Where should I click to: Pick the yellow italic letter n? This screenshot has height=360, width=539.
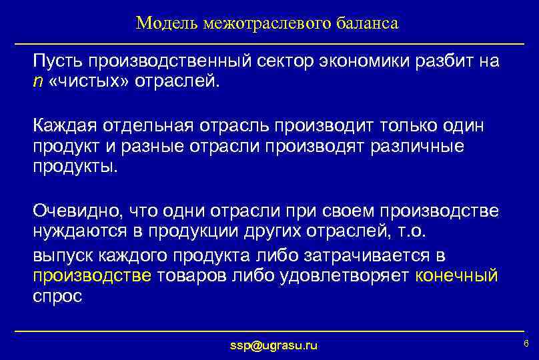coord(37,83)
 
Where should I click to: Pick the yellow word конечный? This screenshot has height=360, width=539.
coord(456,276)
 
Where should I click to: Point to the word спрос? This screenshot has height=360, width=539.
coord(57,297)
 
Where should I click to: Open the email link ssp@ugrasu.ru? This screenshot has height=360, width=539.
coord(274,345)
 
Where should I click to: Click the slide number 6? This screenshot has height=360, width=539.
coord(526,343)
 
